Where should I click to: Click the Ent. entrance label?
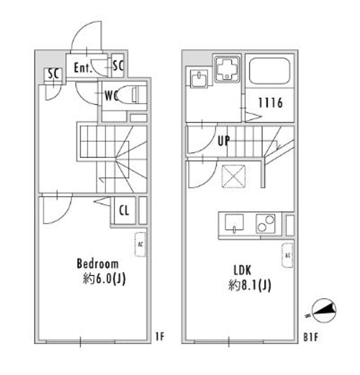click(x=83, y=68)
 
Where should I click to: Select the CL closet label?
click(x=124, y=211)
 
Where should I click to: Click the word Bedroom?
click(x=97, y=264)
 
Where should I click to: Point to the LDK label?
click(x=242, y=270)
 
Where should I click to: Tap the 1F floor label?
click(x=159, y=336)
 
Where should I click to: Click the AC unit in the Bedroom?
click(x=140, y=244)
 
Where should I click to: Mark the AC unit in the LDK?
click(x=287, y=255)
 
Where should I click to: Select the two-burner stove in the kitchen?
click(x=266, y=224)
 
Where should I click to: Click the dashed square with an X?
click(x=233, y=176)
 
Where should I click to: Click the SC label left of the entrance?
click(x=53, y=73)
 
